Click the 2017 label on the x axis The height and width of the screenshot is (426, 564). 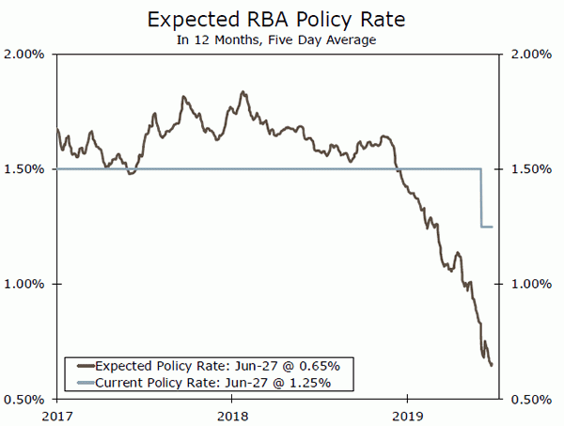click(x=57, y=415)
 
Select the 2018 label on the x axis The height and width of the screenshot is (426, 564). click(x=232, y=415)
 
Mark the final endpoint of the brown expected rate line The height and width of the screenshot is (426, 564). click(x=492, y=366)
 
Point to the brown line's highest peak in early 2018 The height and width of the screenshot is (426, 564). click(x=243, y=92)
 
